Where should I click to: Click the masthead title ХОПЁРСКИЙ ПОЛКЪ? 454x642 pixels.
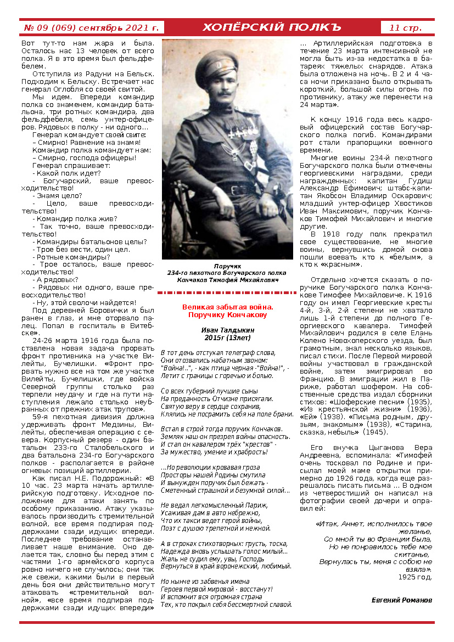(x=272, y=27)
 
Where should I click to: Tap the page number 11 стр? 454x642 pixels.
(x=406, y=27)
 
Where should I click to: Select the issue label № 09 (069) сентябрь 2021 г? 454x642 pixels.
(x=91, y=27)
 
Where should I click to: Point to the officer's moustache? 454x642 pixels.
(x=225, y=93)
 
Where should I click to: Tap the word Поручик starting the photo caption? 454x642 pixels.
(x=227, y=266)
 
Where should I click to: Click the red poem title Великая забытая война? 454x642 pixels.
(x=227, y=307)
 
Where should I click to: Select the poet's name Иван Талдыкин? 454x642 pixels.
(x=227, y=330)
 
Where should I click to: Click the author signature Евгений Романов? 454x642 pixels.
(x=402, y=600)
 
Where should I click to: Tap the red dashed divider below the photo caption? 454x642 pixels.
(x=227, y=293)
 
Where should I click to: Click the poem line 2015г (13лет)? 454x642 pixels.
(x=227, y=337)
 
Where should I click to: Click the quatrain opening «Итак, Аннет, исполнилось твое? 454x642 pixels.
(x=374, y=523)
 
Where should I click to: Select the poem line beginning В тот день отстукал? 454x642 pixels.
(x=218, y=353)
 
